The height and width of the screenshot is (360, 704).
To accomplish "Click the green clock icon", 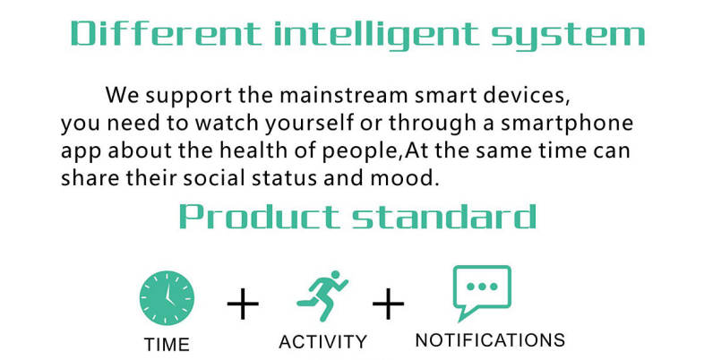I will click(167, 298).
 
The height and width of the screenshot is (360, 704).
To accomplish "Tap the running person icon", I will click(322, 296).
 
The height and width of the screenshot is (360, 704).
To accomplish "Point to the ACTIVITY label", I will click(323, 342).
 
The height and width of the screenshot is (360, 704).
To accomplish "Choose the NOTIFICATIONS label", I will click(490, 340).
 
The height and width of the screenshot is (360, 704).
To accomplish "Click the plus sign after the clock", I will click(243, 304).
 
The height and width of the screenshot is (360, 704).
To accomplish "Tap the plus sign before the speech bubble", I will click(388, 304).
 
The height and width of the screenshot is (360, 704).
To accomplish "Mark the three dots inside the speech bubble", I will click(482, 287).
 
